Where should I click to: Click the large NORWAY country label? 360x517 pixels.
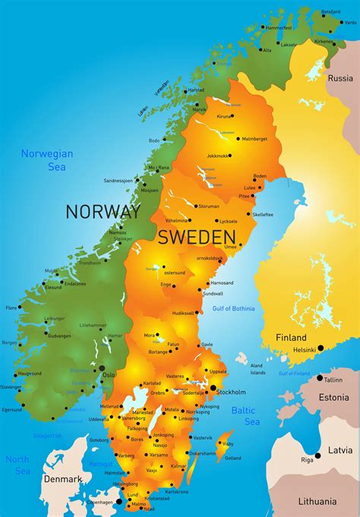[103, 210]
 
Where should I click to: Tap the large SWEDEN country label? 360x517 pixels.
[197, 236]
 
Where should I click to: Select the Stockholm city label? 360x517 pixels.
[231, 392]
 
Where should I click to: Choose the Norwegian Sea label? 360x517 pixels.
[47, 160]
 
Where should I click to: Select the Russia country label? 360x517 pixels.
[340, 77]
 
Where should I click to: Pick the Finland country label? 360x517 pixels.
[291, 337]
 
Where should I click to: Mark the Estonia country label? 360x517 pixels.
[334, 396]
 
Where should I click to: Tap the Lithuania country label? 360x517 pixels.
[317, 501]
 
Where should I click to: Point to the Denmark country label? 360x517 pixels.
[62, 479]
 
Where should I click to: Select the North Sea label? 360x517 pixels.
[17, 465]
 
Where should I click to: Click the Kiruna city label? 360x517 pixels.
[224, 116]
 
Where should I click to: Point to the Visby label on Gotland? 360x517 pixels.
[228, 443]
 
